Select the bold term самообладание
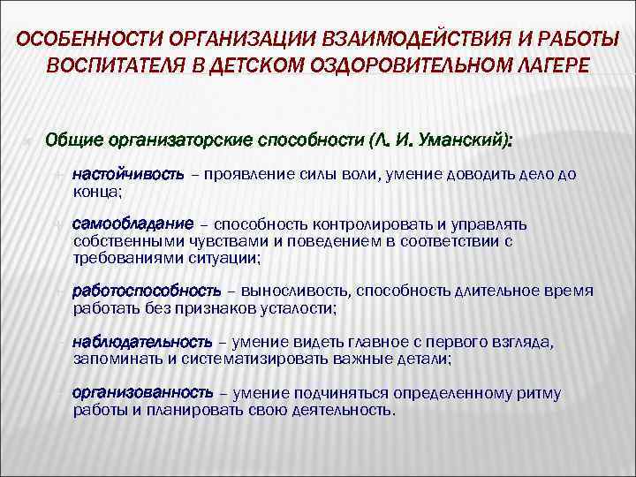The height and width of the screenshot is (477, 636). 128,224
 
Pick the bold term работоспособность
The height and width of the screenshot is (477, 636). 146,291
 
